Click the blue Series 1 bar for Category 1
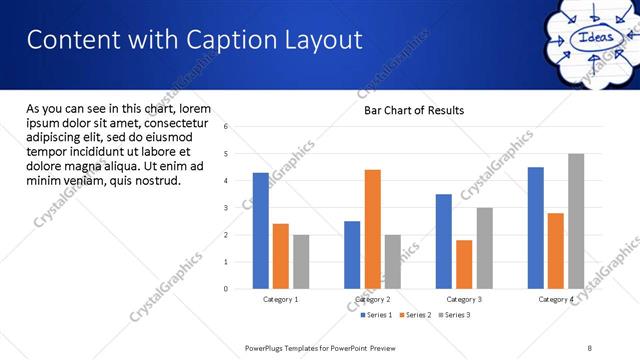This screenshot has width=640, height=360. tap(261, 231)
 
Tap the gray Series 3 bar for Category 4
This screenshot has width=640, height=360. tap(576, 221)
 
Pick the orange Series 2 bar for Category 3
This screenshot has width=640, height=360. tap(464, 264)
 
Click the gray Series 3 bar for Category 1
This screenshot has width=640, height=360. tap(301, 262)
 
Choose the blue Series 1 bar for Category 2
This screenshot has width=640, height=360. tap(352, 255)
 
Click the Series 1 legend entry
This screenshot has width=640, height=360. tap(375, 315)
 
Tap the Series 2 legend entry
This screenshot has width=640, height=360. tap(415, 315)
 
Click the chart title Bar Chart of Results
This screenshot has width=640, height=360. tap(413, 111)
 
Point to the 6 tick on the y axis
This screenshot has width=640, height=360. tap(227, 127)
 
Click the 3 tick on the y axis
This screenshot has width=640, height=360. tap(227, 208)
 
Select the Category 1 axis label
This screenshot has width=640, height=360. tap(281, 299)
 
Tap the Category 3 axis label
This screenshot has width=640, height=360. tap(463, 299)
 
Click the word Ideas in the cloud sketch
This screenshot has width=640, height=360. tap(590, 39)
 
